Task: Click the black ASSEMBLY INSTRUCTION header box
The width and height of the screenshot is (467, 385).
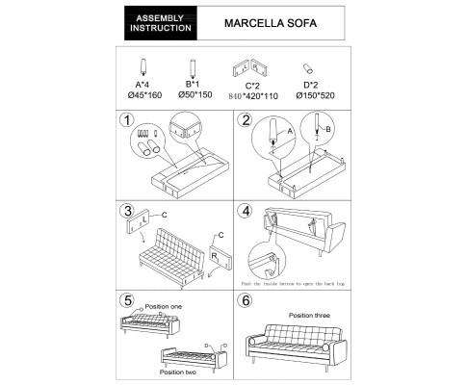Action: tap(161, 23)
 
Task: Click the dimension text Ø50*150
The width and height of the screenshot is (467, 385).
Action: tap(193, 96)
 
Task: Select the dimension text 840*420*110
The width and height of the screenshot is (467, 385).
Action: tap(252, 96)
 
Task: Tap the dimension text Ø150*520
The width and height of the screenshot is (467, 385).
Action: tap(312, 96)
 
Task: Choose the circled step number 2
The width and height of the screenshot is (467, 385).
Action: tap(246, 121)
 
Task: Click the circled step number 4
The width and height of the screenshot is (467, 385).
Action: tap(246, 211)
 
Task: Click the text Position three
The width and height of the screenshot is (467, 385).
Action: tap(311, 315)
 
